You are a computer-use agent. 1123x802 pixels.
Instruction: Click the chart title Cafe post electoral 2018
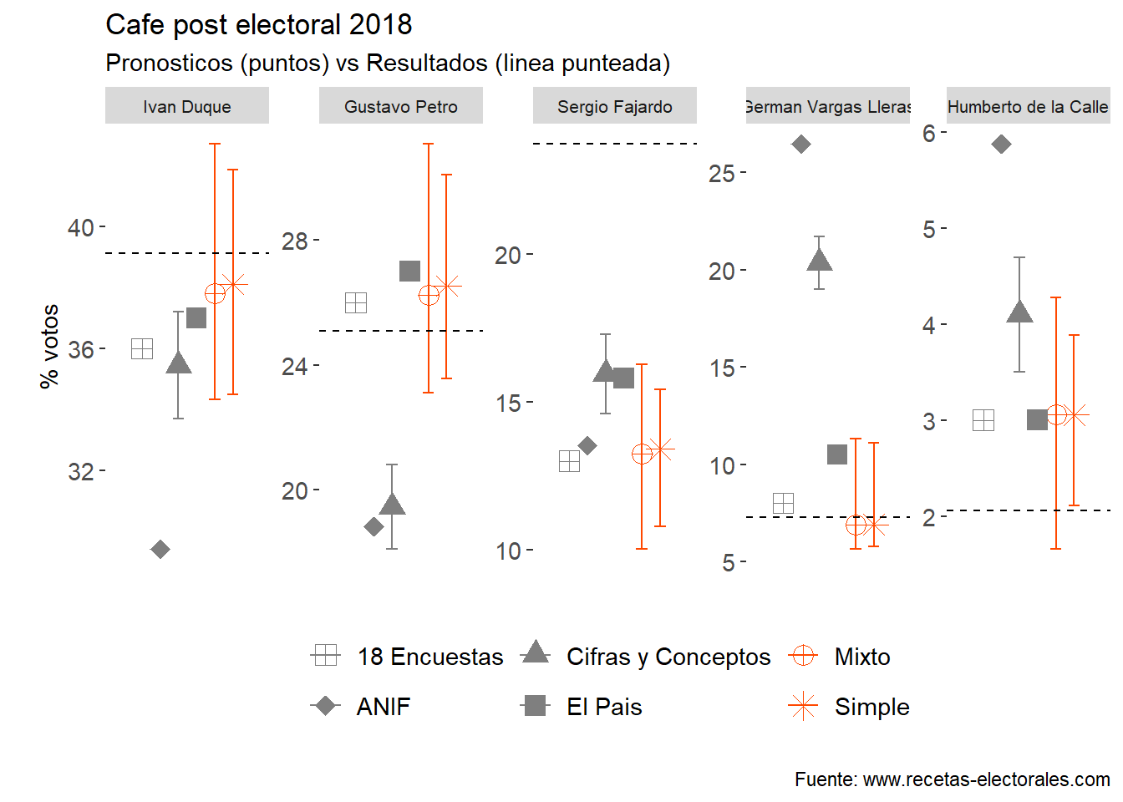pyautogui.click(x=258, y=25)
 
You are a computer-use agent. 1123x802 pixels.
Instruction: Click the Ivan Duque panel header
pyautogui.click(x=187, y=107)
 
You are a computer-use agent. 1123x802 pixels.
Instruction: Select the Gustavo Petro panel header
pyautogui.click(x=401, y=107)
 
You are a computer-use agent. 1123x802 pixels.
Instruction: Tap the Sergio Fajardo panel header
pyautogui.click(x=615, y=107)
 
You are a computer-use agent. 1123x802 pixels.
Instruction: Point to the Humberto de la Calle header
pyautogui.click(x=1028, y=107)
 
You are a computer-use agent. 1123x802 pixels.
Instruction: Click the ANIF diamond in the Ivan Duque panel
pyautogui.click(x=160, y=549)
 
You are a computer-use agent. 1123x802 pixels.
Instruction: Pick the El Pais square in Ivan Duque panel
pyautogui.click(x=196, y=317)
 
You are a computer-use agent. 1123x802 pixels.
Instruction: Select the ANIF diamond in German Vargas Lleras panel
pyautogui.click(x=800, y=145)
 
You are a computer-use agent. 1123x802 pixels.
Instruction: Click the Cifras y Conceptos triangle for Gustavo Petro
pyautogui.click(x=392, y=504)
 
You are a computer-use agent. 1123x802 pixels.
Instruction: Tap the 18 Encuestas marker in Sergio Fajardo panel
pyautogui.click(x=569, y=461)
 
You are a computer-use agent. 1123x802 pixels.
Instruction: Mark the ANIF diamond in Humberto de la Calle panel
pyautogui.click(x=1001, y=145)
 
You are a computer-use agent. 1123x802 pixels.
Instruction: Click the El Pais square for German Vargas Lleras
pyautogui.click(x=837, y=454)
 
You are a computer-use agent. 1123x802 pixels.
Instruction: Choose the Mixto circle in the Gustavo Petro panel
pyautogui.click(x=429, y=296)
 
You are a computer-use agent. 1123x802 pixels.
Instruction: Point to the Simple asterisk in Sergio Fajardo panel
pyautogui.click(x=660, y=449)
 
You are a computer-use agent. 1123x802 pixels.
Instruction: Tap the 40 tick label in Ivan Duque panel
pyautogui.click(x=81, y=227)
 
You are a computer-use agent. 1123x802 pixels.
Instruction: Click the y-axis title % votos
pyautogui.click(x=49, y=346)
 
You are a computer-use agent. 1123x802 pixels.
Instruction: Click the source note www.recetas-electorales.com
pyautogui.click(x=952, y=779)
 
